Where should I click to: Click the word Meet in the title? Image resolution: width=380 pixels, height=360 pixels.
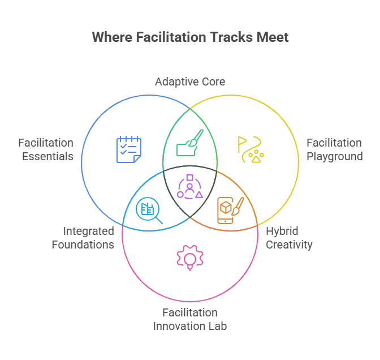coord(274,37)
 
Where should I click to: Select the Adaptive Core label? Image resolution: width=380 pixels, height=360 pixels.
coord(190,82)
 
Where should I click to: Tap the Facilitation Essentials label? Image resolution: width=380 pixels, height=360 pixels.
coord(46,149)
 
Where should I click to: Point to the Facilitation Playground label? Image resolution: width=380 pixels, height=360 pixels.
coord(334,149)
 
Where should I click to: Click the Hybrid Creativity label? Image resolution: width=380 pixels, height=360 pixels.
coord(289,238)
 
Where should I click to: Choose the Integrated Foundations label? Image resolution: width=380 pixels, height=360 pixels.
coord(83,238)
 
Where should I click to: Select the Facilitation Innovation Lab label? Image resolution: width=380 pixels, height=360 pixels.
coord(190,319)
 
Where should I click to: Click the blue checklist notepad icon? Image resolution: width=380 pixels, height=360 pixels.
coord(128,149)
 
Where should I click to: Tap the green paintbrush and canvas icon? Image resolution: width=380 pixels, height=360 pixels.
coord(190,143)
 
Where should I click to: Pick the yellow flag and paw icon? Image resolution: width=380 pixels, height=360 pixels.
coord(251,149)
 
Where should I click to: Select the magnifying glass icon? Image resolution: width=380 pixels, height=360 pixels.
coord(149,211)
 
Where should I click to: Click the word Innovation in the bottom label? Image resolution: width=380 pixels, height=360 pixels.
coord(181,326)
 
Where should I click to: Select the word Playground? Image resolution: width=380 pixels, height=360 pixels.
coord(335,156)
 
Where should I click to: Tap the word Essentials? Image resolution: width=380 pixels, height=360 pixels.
coord(48,156)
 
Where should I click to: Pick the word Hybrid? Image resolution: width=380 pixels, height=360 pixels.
coord(282,231)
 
